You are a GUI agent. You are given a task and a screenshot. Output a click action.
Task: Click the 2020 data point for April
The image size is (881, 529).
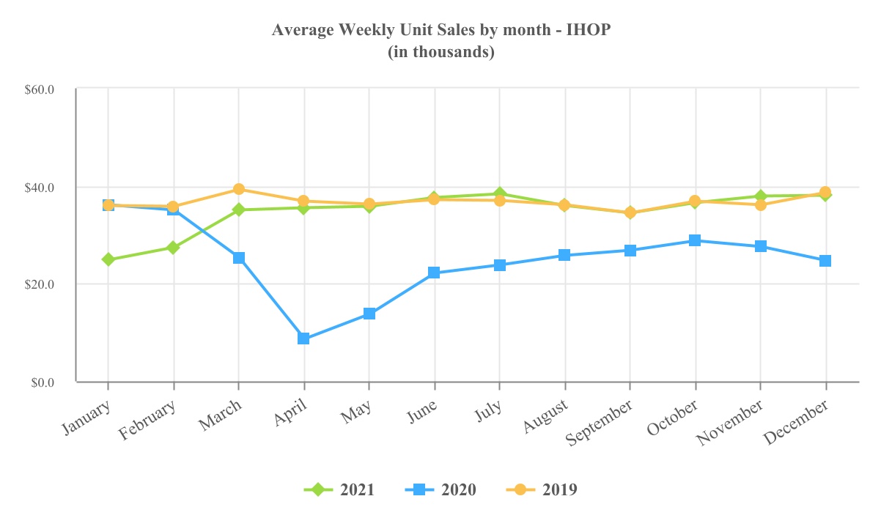pyautogui.click(x=303, y=339)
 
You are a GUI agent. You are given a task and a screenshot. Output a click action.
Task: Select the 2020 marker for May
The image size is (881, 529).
pyautogui.click(x=369, y=314)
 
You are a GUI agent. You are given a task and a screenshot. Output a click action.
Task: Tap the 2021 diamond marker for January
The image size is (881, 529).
pyautogui.click(x=108, y=259)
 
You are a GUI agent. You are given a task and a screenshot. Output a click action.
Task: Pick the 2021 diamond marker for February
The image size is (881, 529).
pyautogui.click(x=173, y=248)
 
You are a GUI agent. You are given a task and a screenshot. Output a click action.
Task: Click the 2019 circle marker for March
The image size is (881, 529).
pyautogui.click(x=238, y=189)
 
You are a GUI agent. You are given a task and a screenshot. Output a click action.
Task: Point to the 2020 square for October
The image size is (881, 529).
pyautogui.click(x=695, y=240)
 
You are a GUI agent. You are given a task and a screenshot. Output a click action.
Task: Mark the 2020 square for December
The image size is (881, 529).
pyautogui.click(x=825, y=261)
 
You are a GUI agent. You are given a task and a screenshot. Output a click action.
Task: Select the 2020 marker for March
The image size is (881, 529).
pyautogui.click(x=238, y=258)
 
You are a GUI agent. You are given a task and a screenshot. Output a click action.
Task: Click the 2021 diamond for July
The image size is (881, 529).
pyautogui.click(x=499, y=194)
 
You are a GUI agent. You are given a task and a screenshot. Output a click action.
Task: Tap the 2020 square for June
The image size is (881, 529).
pyautogui.click(x=434, y=273)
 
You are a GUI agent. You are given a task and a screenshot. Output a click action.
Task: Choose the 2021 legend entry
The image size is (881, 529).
pyautogui.click(x=340, y=489)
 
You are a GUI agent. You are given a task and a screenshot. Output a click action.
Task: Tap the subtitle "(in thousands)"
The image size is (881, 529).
pyautogui.click(x=440, y=52)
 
